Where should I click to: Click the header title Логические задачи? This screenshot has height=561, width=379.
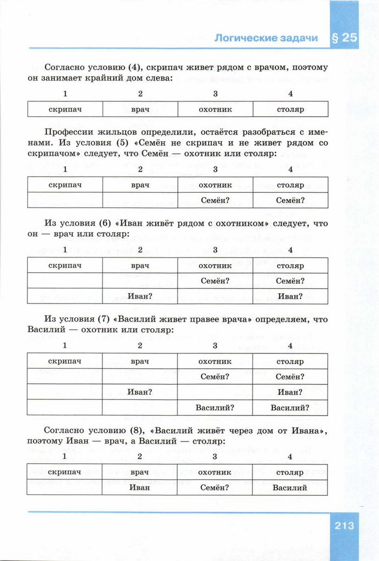coord(266,38)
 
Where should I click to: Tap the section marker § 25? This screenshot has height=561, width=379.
coord(344,38)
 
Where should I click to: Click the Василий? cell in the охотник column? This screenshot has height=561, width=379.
coord(215,408)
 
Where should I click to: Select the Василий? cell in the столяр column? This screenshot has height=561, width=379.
coord(290,408)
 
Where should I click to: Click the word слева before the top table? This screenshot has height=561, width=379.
coord(158,78)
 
